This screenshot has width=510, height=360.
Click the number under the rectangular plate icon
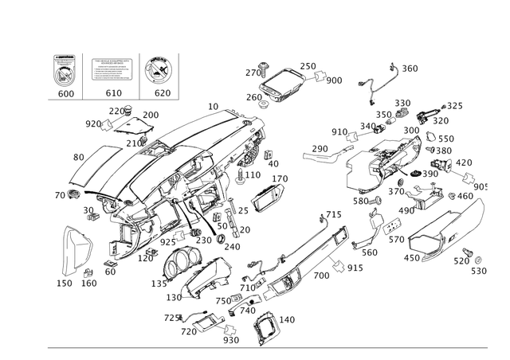click(x=112, y=92)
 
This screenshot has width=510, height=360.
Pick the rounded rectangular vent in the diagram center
click(x=268, y=197)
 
